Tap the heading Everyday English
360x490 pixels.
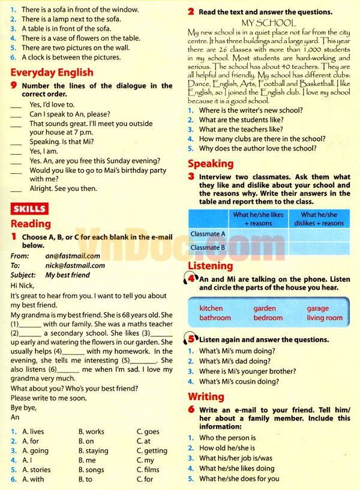52,73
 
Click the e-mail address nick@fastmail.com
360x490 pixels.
76,266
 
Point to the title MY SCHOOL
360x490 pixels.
268,22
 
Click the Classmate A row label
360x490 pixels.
208,234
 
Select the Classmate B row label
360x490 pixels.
208,247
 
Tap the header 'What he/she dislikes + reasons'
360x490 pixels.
319,219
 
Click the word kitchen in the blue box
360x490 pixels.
211,308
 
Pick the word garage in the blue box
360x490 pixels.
318,308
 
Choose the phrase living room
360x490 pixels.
325,318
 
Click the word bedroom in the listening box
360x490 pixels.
268,318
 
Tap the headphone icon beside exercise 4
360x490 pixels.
191,280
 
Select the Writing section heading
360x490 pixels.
206,396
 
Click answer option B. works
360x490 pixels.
91,431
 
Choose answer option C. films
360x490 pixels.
148,470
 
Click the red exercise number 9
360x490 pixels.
13,86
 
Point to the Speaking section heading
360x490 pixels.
211,164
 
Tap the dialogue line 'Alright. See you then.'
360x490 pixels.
63,188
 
